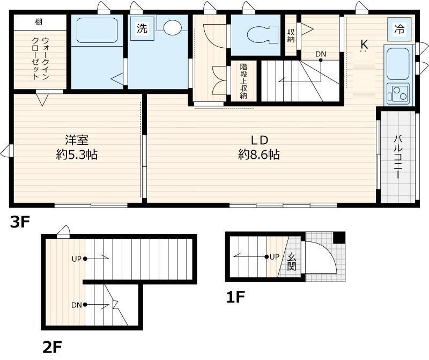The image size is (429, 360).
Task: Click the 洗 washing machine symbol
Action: [142, 28]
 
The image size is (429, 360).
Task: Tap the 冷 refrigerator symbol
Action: [399, 29]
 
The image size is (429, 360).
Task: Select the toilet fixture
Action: [262, 35]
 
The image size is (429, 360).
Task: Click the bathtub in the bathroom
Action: [97, 30]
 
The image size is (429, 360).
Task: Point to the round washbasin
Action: [172, 28]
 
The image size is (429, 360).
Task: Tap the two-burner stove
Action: [398, 92]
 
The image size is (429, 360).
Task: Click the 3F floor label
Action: [20, 222]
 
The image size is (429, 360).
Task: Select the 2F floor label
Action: [52, 347]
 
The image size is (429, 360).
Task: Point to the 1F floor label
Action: [235, 297]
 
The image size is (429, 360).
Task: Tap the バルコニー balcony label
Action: [397, 157]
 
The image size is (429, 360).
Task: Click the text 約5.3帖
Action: [77, 155]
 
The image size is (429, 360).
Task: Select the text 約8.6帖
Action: [259, 155]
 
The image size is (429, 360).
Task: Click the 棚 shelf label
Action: [39, 21]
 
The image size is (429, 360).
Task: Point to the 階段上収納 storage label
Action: [243, 81]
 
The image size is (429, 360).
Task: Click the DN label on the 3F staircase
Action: [321, 54]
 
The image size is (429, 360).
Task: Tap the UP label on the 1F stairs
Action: [275, 257]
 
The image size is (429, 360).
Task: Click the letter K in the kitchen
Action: [364, 44]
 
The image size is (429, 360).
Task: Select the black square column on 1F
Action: [339, 237]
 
